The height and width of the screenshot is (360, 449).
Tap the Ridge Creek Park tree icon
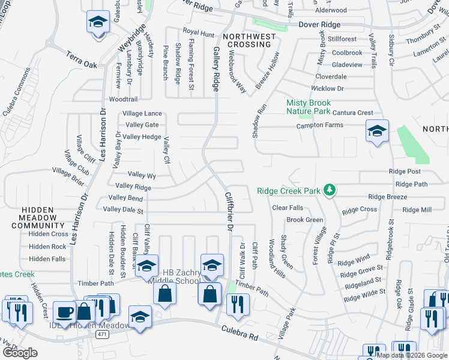pos(329,190)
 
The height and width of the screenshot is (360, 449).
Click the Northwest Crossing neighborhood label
pos(249,40)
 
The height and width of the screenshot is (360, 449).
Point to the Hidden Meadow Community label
pos(38,217)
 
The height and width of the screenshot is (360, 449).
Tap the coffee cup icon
pos(64,312)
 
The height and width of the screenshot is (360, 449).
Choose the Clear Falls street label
pos(288,208)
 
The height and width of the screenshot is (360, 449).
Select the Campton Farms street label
pos(320,125)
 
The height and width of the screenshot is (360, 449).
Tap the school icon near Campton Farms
pos(376,131)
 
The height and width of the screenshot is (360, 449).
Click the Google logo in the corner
pos(20,353)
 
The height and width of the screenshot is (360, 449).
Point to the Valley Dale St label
pos(124,210)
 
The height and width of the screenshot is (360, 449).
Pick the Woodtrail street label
pos(123,99)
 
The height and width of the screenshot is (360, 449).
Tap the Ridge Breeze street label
pos(387,197)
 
